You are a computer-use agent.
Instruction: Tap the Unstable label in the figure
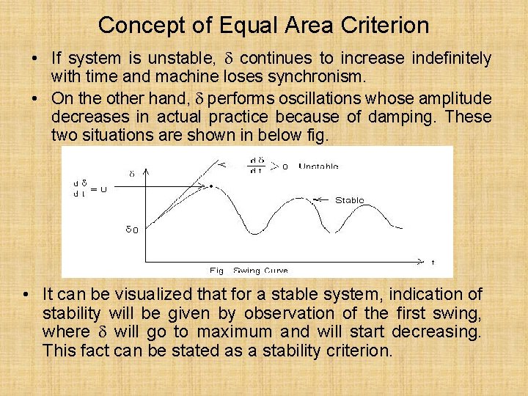tap(318, 166)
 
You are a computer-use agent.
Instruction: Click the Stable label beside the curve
tap(349, 200)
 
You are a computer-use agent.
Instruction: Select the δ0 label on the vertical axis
tap(131, 230)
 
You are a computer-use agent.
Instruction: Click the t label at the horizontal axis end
tap(433, 262)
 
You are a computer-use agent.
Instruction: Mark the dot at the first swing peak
tap(211, 186)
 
